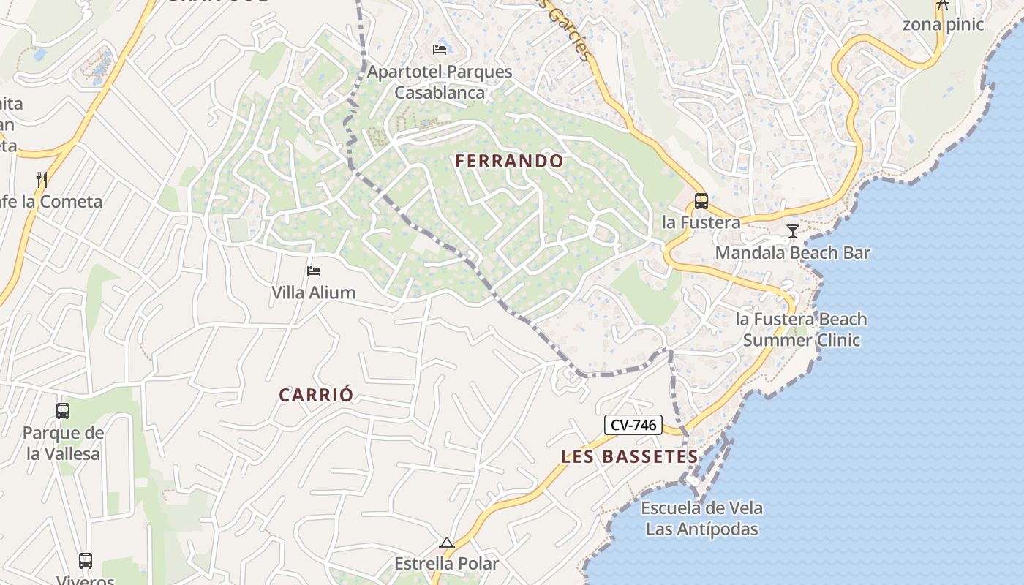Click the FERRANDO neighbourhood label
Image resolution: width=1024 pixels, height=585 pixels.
click(509, 161)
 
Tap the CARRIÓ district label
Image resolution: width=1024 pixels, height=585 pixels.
click(316, 395)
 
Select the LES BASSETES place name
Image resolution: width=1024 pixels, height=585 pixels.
click(629, 456)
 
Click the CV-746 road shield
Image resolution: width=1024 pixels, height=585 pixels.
click(633, 425)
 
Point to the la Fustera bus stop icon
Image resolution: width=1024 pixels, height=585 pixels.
click(701, 200)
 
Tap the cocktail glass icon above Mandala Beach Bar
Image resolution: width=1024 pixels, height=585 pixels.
click(792, 232)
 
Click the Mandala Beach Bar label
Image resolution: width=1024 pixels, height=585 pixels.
click(792, 253)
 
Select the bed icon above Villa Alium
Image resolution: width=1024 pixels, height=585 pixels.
click(314, 271)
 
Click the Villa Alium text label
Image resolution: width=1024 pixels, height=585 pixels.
click(313, 292)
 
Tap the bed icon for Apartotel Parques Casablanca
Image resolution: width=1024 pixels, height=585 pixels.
click(440, 50)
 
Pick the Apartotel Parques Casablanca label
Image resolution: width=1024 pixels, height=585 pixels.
click(440, 82)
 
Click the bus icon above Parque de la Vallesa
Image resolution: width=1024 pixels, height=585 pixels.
click(63, 411)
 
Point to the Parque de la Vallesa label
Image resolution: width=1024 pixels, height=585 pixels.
click(63, 443)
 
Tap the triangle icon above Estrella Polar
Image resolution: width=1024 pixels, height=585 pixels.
click(446, 543)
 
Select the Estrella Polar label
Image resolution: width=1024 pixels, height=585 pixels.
click(446, 564)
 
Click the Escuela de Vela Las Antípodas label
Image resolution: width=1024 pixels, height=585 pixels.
click(701, 518)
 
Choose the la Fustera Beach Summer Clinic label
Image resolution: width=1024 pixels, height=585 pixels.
click(802, 329)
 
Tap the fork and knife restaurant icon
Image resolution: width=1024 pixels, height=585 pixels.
click(42, 179)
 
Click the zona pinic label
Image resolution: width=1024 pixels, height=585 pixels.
click(943, 24)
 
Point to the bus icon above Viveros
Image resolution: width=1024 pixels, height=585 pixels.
click(86, 561)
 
